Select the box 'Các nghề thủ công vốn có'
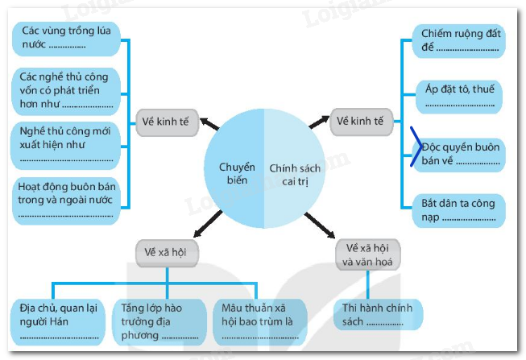point(68,89)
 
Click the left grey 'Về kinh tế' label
point(165,122)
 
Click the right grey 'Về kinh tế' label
point(360,122)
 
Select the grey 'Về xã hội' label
point(167,252)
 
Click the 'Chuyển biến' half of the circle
point(236,173)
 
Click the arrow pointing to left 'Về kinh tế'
point(208,124)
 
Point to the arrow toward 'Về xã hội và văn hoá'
point(320,226)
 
